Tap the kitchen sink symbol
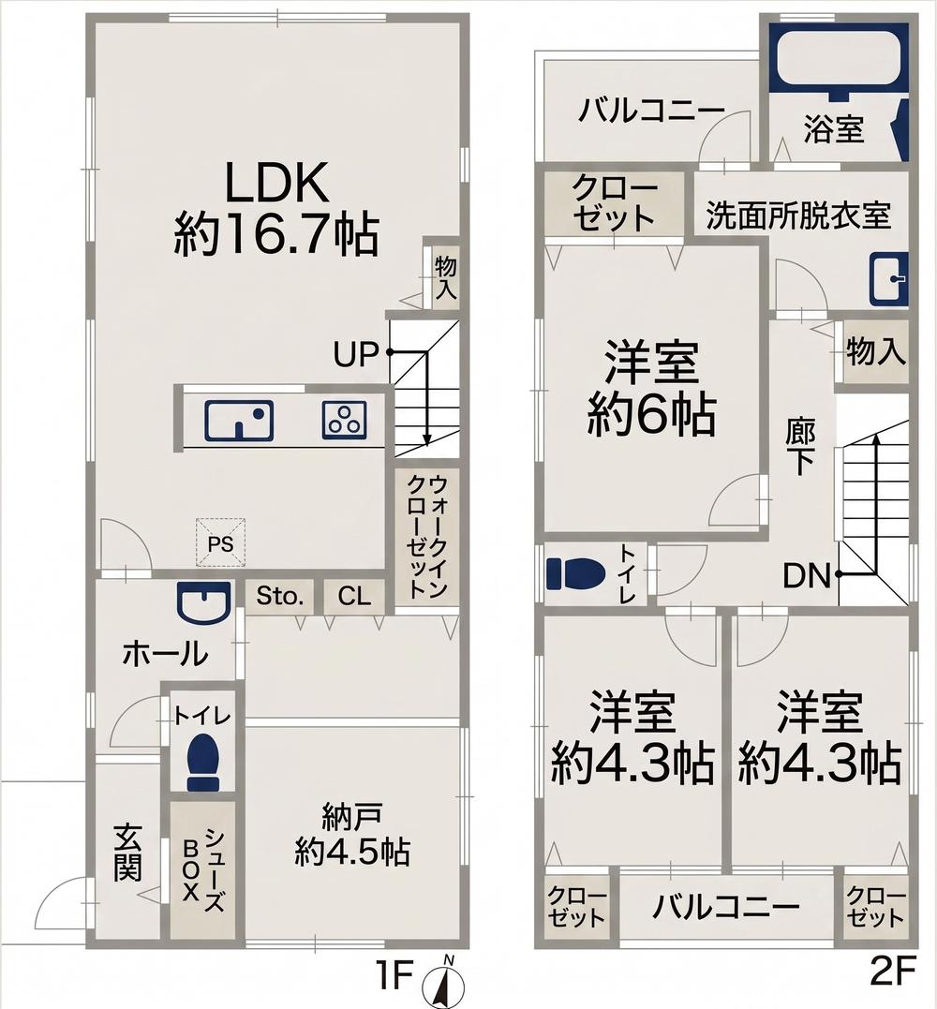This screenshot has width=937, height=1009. (239, 421)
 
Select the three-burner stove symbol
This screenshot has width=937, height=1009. (344, 421)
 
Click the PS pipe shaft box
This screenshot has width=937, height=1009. (220, 543)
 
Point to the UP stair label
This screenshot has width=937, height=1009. (355, 354)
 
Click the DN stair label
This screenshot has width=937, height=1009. (807, 575)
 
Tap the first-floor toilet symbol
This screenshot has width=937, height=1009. (202, 762)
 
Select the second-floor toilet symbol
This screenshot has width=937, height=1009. (576, 573)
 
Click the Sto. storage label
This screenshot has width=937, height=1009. (280, 597)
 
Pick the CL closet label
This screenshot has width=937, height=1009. (355, 597)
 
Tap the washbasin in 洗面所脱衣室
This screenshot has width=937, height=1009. (888, 279)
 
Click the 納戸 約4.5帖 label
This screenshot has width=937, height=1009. (352, 835)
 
